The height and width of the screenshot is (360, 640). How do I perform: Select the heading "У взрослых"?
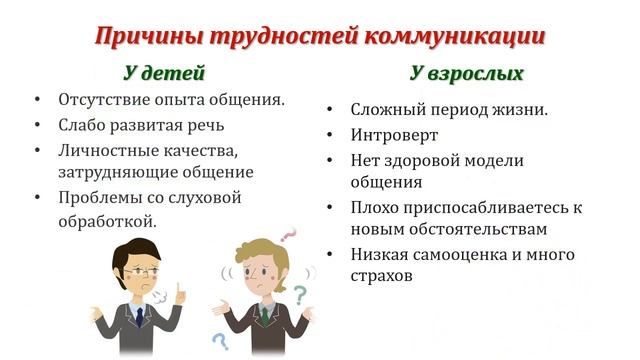point(466,73)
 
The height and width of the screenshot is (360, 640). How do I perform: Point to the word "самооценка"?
point(466,254)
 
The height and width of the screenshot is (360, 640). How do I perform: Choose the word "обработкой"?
point(107,219)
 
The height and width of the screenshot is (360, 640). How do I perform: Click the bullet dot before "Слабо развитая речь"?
point(37,126)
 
